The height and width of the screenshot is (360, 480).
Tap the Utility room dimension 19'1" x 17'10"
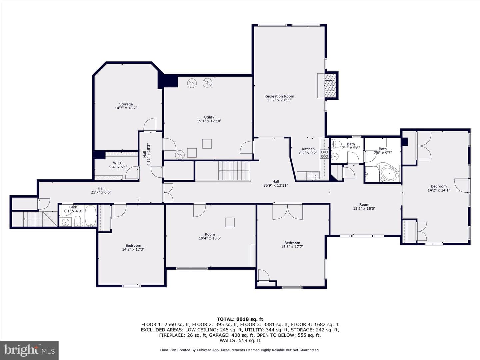coord(209,121)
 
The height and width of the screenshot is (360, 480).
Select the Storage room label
coord(126,104)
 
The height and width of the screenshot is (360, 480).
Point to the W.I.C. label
coord(118,163)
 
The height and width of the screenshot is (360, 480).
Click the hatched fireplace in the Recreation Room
coord(330,85)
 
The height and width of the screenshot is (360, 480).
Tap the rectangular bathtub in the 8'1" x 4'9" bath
coord(91,216)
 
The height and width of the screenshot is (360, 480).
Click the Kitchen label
coord(308,149)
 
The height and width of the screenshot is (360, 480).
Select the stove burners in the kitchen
coord(325,154)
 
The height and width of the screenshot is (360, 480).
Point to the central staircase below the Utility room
coord(234,171)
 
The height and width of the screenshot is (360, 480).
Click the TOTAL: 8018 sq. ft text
coord(240,319)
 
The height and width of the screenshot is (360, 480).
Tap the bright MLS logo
coord(29,350)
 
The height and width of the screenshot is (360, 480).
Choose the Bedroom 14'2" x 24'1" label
coord(439,188)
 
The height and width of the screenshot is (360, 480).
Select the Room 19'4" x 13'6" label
coord(210,236)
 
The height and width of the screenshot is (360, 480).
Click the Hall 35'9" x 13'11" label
coord(276,183)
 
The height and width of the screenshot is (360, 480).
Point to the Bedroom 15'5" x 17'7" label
coord(292,245)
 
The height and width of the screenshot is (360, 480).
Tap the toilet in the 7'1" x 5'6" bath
coord(336,144)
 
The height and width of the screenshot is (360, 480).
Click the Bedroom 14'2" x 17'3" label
coord(133,247)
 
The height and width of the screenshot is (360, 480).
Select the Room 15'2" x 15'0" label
coord(364,207)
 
